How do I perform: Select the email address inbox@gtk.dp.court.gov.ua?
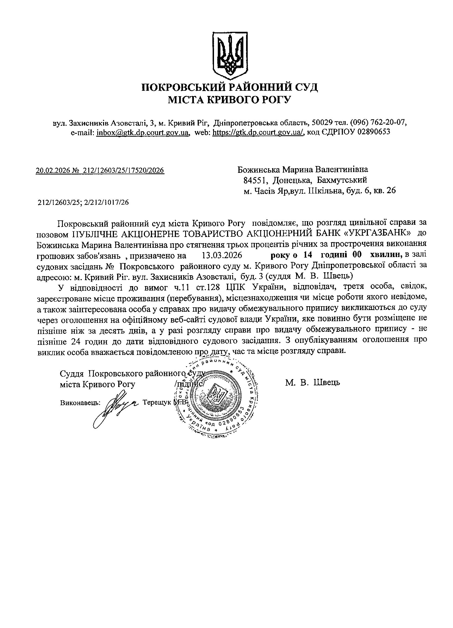pos(143,132)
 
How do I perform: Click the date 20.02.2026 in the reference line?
pos(52,170)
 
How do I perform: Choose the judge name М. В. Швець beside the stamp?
pos(312,383)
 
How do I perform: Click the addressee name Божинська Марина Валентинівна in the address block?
pos(303,169)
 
